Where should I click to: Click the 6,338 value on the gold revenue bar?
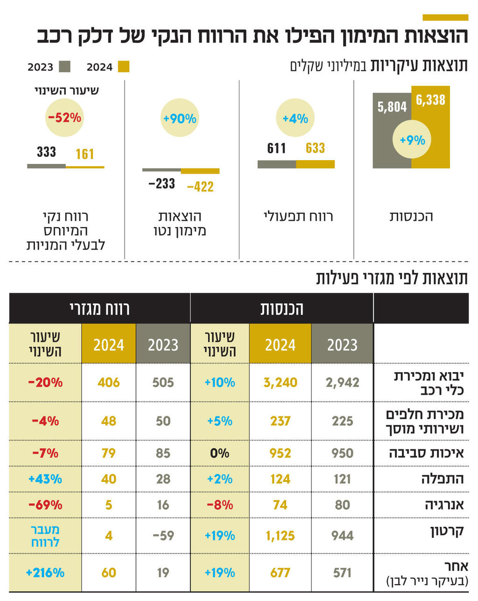tap(430, 99)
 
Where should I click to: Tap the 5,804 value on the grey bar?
tap(392, 107)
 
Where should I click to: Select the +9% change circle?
tap(412, 140)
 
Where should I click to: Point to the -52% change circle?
tap(65, 117)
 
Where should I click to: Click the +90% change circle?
tap(180, 119)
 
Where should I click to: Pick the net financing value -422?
tap(200, 187)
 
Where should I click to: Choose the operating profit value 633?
tap(315, 148)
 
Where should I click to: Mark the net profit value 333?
tap(46, 152)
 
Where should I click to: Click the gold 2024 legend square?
tap(124, 67)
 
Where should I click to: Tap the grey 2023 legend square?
tap(64, 67)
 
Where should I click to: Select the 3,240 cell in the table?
tap(280, 382)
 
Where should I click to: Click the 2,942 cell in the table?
tap(342, 382)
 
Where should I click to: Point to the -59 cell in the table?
tap(163, 535)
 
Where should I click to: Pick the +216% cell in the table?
tap(45, 573)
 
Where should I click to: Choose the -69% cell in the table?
tap(45, 505)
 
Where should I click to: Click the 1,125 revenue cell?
tap(280, 535)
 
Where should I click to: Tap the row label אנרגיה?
tap(444, 505)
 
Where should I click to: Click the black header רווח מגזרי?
tap(99, 309)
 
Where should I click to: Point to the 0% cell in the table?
tap(219, 453)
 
